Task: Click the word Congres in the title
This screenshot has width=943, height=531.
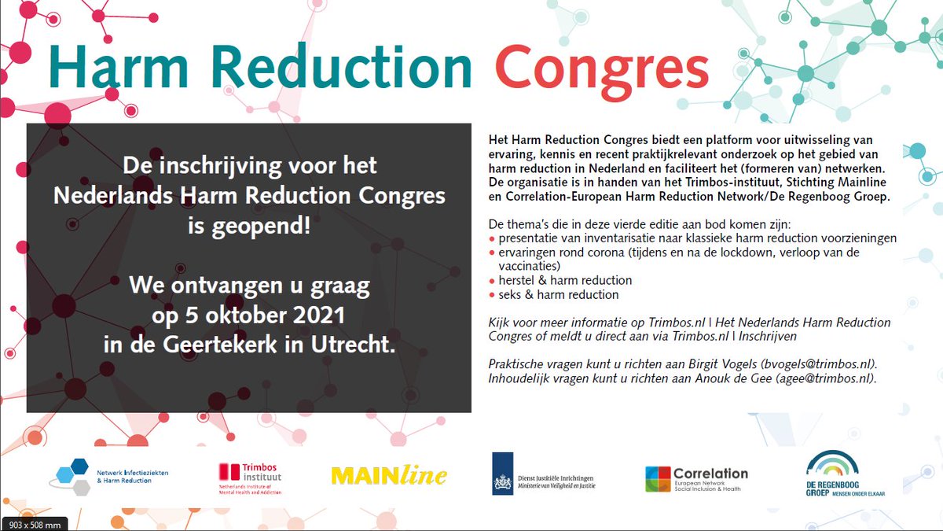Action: pos(602,68)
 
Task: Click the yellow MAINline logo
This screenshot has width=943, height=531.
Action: pos(389,475)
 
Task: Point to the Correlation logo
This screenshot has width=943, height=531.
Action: pos(696,478)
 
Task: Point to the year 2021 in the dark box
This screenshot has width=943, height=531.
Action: pos(313,317)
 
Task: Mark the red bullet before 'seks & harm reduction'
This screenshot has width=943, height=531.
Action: pos(492,296)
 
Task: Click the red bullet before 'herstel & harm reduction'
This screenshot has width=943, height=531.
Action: pos(492,281)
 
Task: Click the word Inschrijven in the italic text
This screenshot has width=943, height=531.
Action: pos(768,336)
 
